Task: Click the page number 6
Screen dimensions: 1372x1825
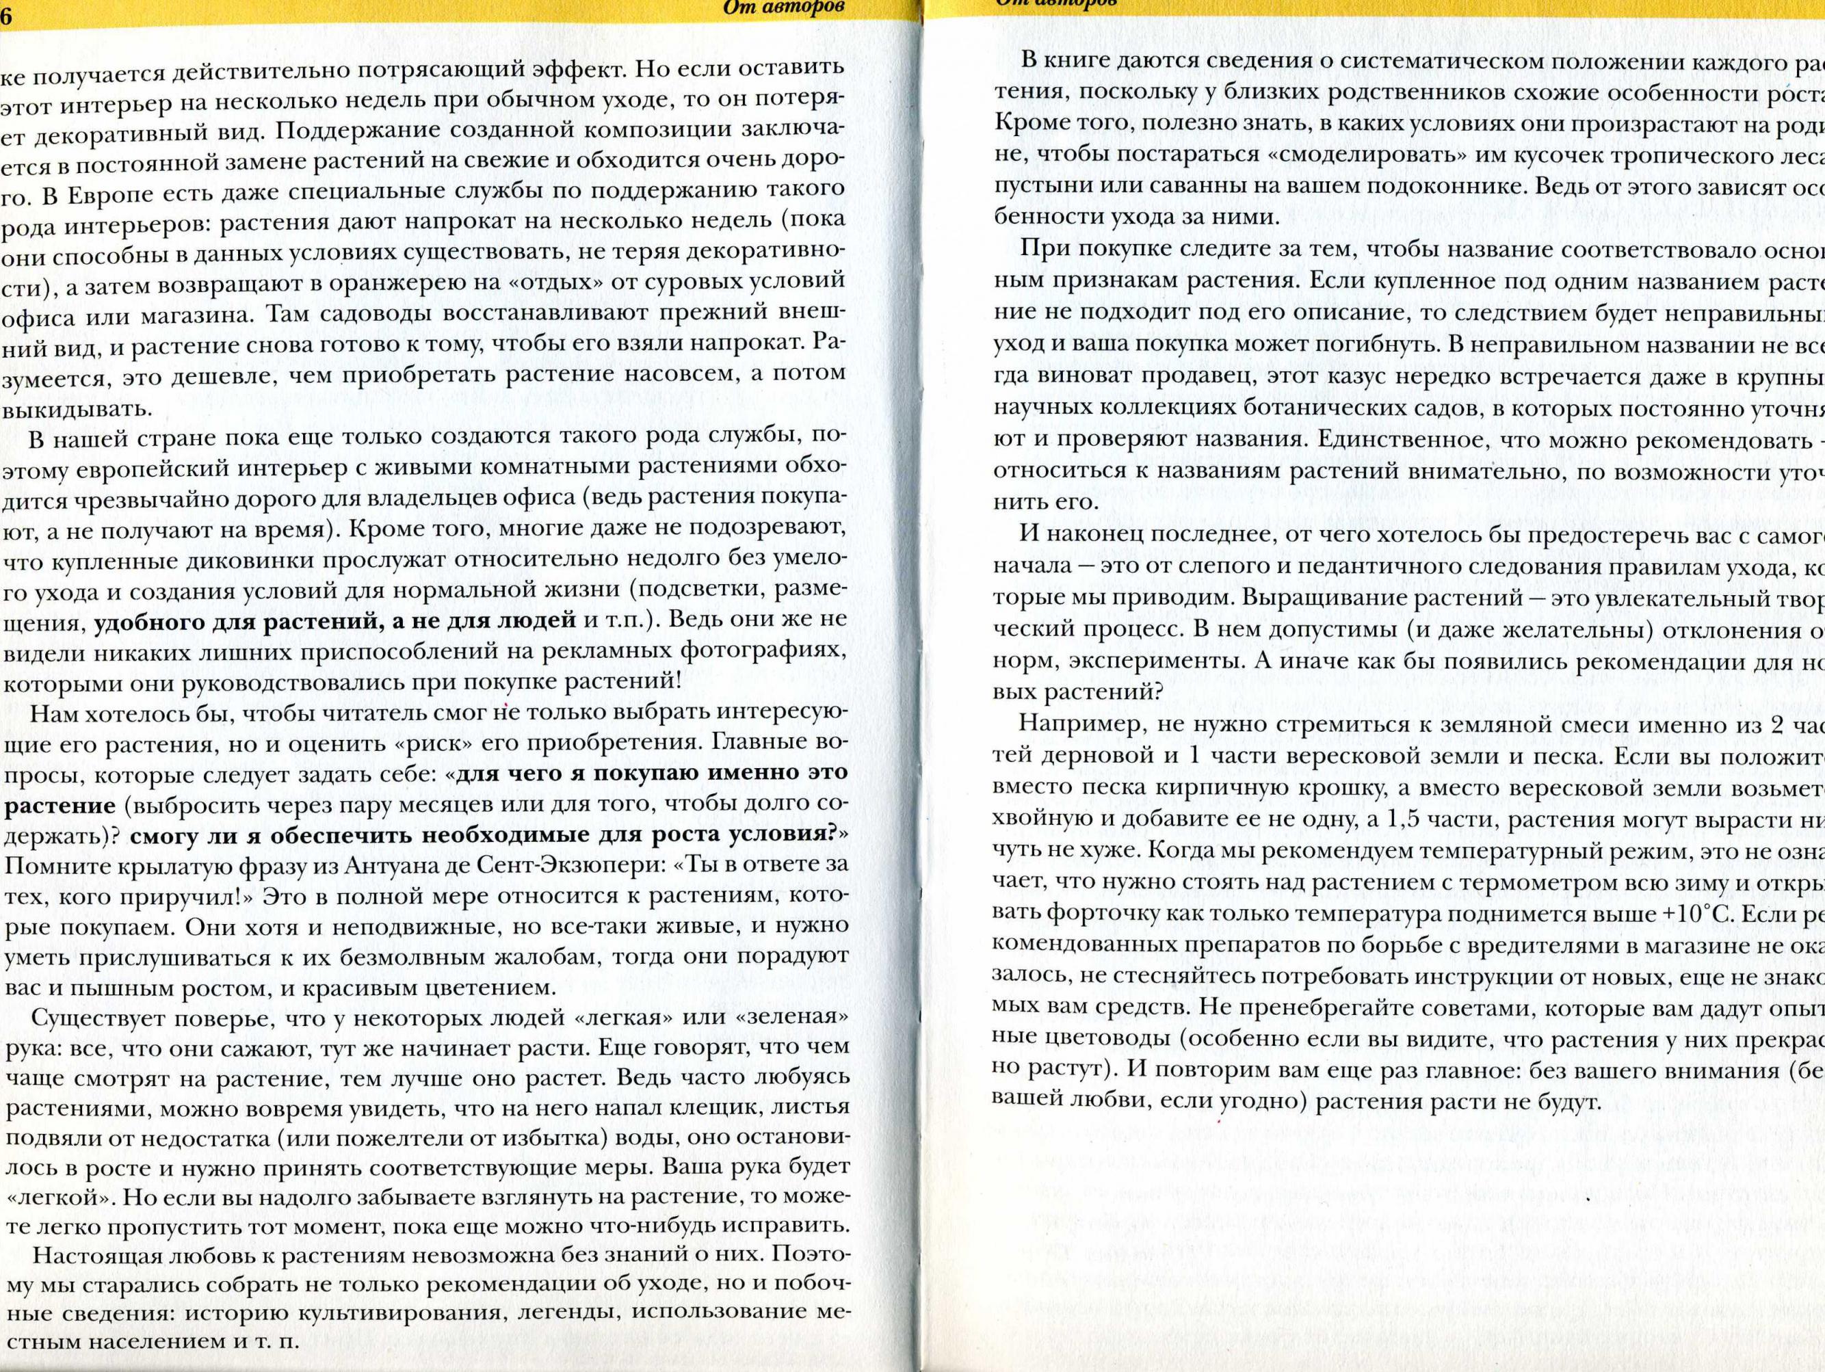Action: coord(4,10)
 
